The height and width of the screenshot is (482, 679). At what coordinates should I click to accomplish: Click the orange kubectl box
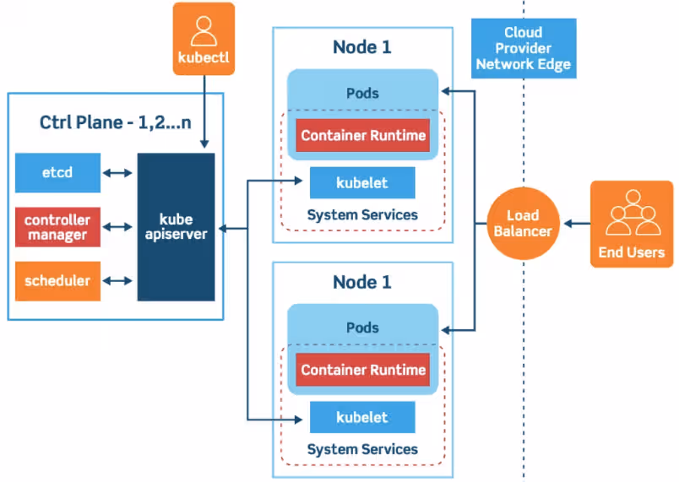click(204, 39)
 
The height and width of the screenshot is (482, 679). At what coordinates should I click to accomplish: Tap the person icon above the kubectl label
click(204, 31)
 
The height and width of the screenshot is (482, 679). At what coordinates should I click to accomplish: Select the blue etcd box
click(57, 173)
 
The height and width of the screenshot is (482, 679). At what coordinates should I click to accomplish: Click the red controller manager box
click(57, 227)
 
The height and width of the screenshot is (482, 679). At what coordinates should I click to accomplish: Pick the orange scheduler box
click(57, 281)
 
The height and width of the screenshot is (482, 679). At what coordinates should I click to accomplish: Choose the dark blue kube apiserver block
click(176, 227)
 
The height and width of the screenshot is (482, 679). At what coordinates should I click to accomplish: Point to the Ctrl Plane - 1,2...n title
click(115, 122)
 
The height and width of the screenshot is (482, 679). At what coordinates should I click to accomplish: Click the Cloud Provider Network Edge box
click(524, 48)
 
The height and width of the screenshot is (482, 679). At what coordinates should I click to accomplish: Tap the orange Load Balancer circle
click(523, 223)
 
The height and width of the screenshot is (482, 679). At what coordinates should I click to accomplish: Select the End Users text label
click(632, 252)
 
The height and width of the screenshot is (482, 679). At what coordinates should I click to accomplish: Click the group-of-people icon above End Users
click(633, 213)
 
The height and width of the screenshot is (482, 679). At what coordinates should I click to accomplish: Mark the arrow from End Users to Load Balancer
click(577, 224)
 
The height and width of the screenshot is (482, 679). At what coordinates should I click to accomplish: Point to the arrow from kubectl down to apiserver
click(204, 111)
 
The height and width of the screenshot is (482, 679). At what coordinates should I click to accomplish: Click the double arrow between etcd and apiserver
click(117, 173)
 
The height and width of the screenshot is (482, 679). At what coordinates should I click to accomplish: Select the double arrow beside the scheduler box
click(117, 281)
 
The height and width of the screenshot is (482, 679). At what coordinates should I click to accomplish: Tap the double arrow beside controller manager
click(117, 227)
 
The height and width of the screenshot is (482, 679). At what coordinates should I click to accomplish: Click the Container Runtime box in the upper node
click(363, 135)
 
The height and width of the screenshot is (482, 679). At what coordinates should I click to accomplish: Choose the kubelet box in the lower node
click(362, 418)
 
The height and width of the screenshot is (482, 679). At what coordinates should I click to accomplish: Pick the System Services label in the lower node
click(362, 450)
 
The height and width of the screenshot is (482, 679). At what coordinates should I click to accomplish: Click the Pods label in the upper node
click(362, 93)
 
